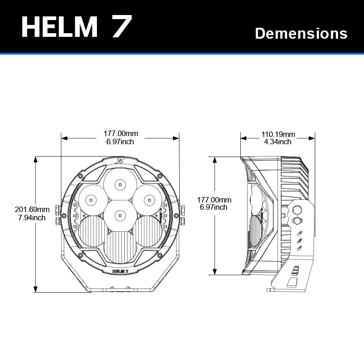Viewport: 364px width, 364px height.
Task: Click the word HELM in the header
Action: (x=60, y=27)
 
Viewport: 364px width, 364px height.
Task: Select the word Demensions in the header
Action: (x=301, y=33)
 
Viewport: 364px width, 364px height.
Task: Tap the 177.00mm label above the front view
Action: (x=121, y=134)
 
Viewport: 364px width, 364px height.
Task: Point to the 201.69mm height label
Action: (x=32, y=209)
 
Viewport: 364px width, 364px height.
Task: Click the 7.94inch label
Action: (x=32, y=217)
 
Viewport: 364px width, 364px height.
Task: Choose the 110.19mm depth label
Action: (x=278, y=134)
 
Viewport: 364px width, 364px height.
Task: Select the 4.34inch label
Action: (x=278, y=142)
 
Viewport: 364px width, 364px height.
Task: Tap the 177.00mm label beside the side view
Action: (x=214, y=200)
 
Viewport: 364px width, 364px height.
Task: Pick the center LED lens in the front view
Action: (x=120, y=214)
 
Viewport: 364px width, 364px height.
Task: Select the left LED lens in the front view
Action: (x=91, y=199)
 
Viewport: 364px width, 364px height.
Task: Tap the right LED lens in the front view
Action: (x=149, y=199)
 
